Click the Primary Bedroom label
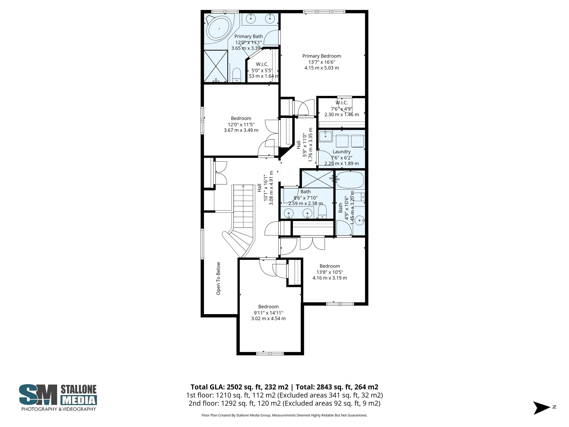321,56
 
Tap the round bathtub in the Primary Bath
219,28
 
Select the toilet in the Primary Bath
236,75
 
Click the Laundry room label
341,152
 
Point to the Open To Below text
218,278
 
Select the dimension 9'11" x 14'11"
268,313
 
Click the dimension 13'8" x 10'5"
330,272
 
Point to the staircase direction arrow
243,186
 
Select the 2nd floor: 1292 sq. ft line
284,403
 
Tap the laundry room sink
325,136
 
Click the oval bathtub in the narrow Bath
350,180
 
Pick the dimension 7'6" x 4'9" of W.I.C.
341,109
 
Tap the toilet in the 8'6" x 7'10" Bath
322,212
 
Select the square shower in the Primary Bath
215,66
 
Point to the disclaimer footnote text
284,415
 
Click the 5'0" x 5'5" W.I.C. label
262,64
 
